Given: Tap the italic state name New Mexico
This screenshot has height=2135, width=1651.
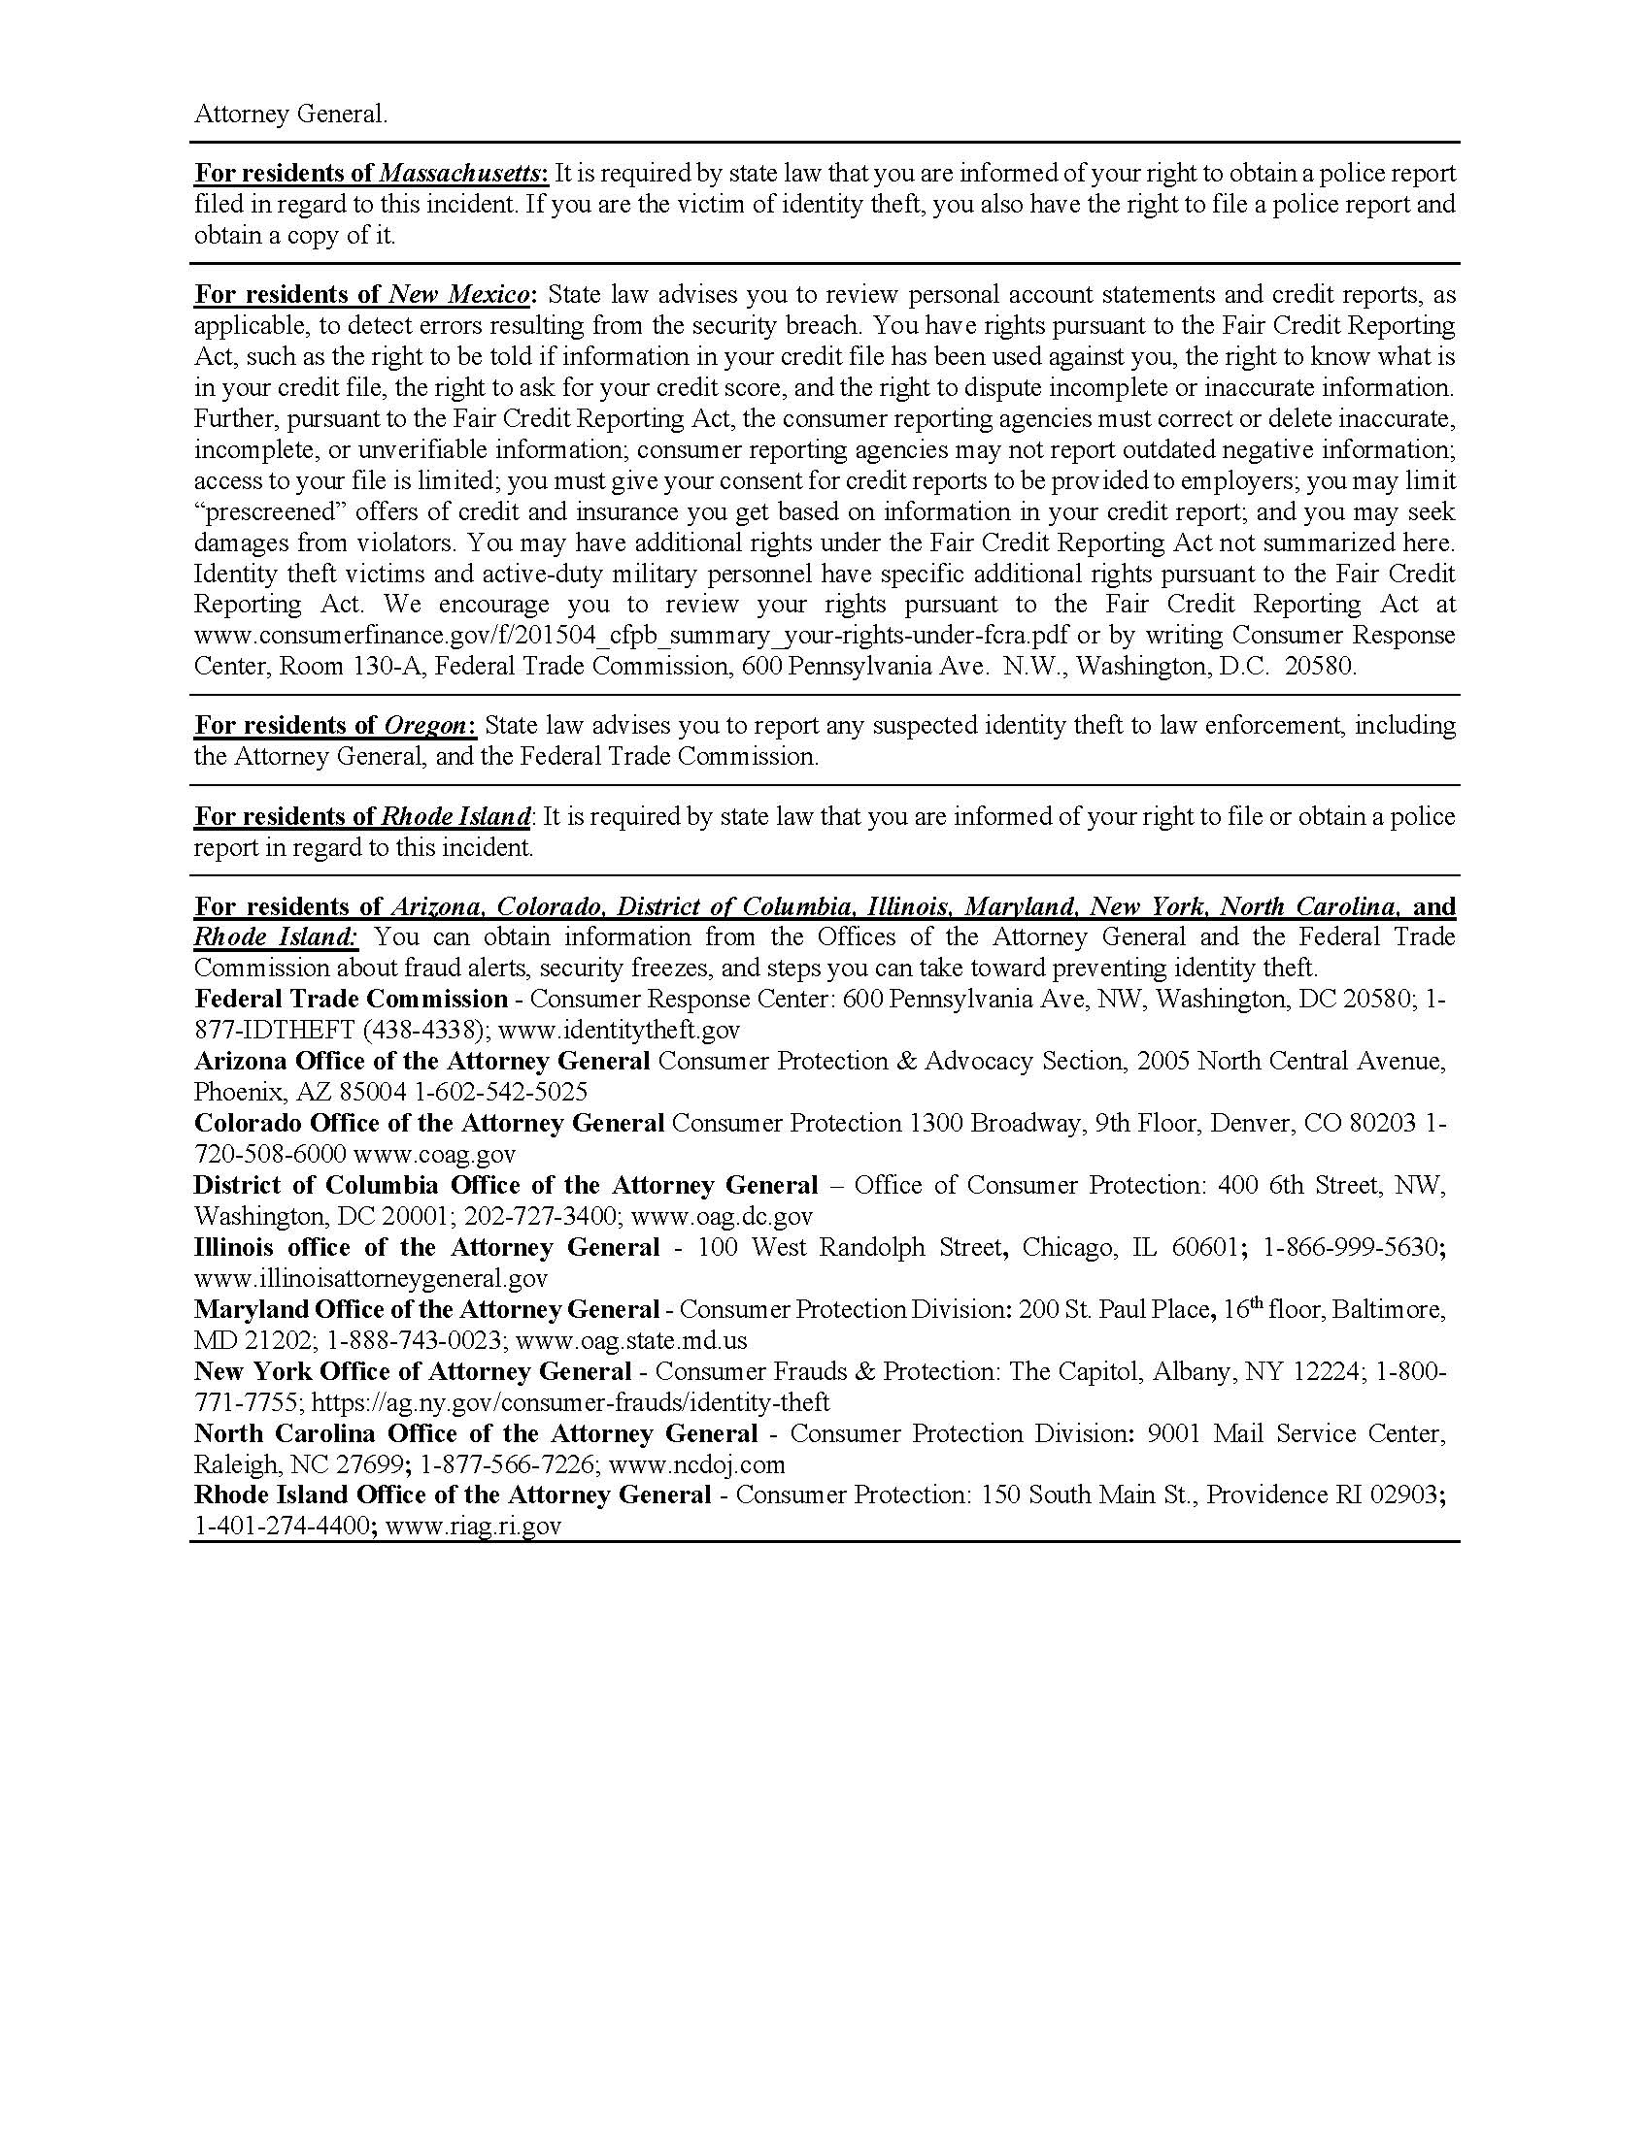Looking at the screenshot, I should (459, 295).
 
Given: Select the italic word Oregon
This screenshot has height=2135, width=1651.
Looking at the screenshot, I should (425, 726).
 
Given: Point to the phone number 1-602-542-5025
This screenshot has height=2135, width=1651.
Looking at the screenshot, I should (501, 1092).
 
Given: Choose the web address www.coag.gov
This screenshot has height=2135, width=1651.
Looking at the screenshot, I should (434, 1155).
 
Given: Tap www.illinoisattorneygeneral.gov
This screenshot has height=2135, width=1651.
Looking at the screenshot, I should (371, 1279).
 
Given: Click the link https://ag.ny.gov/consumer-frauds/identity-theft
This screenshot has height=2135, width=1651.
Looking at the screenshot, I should (570, 1404).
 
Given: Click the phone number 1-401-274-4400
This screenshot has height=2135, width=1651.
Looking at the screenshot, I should (282, 1527).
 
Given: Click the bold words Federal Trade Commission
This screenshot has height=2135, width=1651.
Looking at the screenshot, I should (352, 999).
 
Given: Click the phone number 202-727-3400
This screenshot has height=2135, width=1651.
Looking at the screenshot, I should (541, 1217).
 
